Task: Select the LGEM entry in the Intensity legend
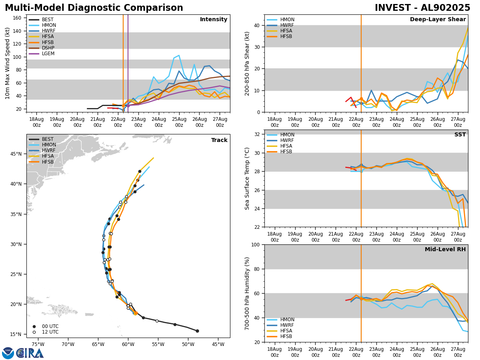(48, 54)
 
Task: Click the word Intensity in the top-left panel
(214, 20)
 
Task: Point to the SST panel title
(460, 135)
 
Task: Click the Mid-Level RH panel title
(445, 250)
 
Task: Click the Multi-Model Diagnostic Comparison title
(94, 8)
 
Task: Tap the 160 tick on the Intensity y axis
(18, 18)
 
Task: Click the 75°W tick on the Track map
(38, 344)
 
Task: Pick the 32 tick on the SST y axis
(258, 134)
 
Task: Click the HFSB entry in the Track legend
(48, 162)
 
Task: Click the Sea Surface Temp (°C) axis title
(248, 178)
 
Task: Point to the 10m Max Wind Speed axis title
(7, 63)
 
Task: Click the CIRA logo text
(30, 353)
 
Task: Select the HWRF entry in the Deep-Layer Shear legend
(287, 25)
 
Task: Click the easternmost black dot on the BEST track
(197, 331)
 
